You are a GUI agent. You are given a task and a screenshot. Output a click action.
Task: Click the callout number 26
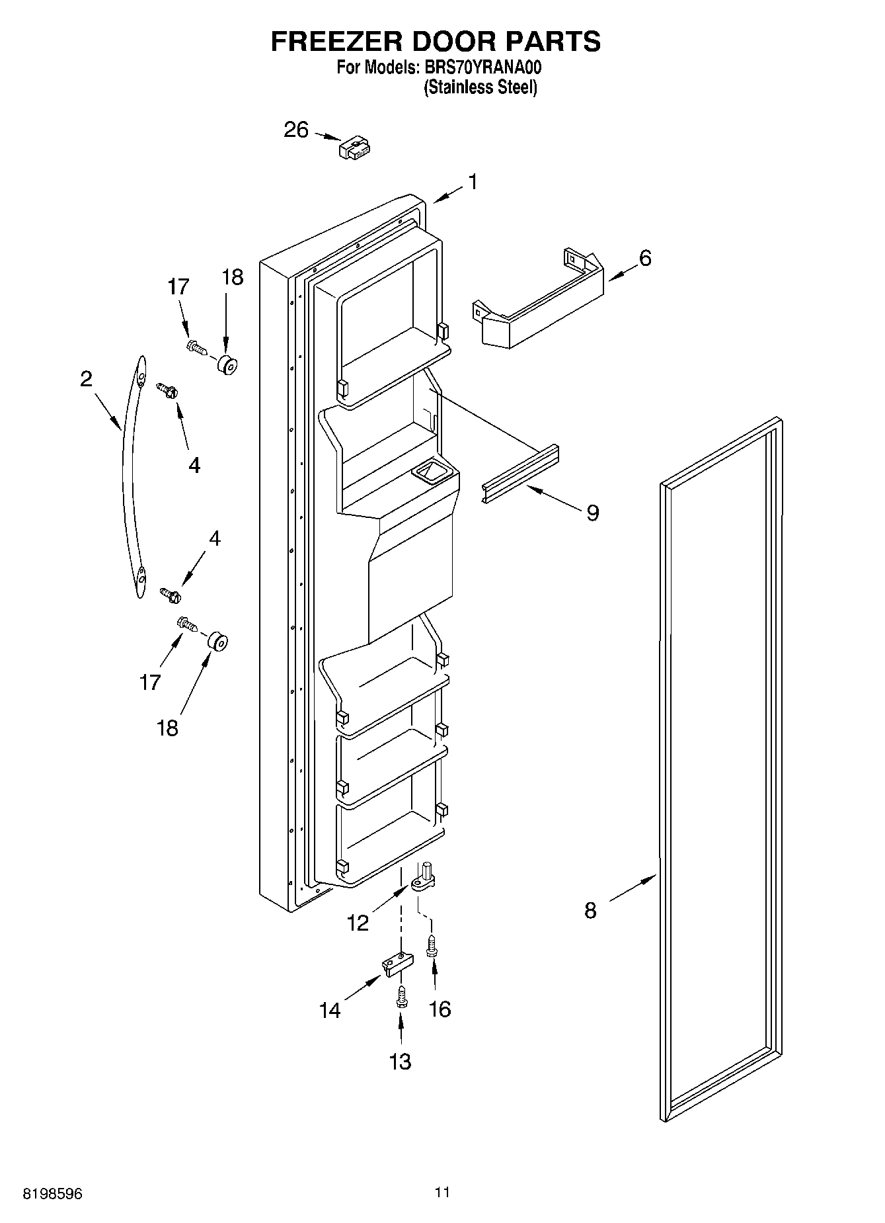[x=296, y=130]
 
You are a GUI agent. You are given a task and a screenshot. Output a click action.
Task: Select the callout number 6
[x=645, y=258]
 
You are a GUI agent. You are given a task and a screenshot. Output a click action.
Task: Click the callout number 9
[x=593, y=512]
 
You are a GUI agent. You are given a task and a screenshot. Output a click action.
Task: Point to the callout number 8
[x=590, y=911]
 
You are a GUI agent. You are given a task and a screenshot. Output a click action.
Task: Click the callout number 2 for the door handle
[x=86, y=379]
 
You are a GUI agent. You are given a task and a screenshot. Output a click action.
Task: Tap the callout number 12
[x=358, y=923]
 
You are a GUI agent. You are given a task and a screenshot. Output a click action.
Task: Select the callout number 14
[x=330, y=1010]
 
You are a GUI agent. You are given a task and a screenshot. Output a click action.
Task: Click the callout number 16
[x=440, y=1009]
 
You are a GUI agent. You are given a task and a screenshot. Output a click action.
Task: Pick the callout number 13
[x=400, y=1061]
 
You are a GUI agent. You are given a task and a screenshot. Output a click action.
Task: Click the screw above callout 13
[x=401, y=997]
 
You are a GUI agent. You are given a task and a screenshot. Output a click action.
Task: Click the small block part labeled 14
[x=397, y=965]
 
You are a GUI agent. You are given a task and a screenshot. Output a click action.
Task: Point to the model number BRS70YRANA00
[x=481, y=67]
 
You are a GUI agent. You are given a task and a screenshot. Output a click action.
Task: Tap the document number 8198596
[x=53, y=1194]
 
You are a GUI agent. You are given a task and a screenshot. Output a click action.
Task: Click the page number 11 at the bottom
[x=442, y=1193]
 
